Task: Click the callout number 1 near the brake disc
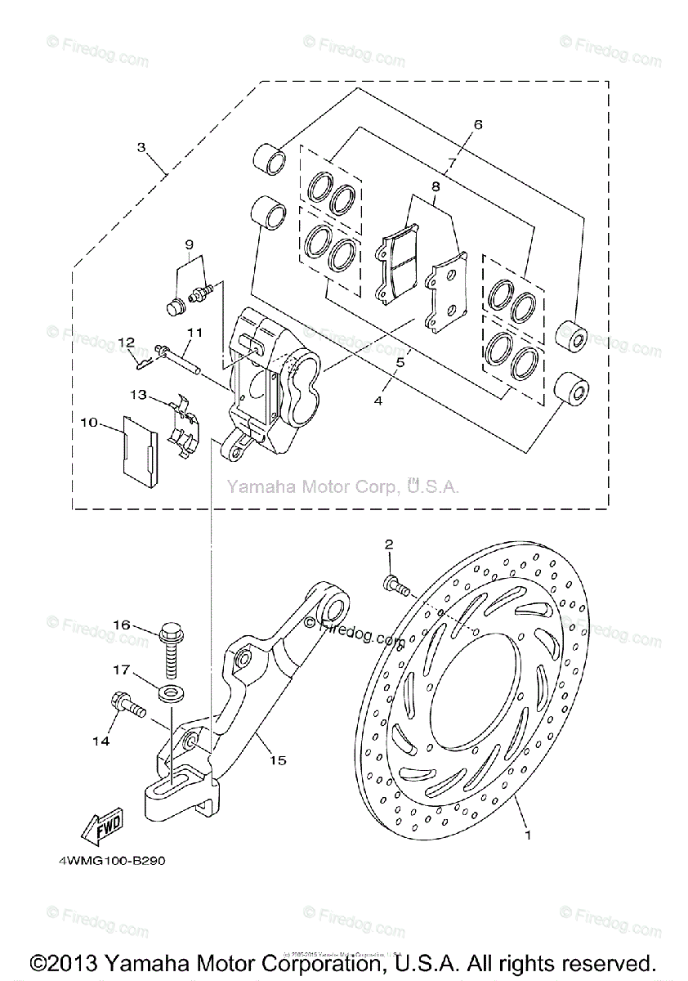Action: pyautogui.click(x=528, y=835)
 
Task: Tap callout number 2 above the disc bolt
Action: pyautogui.click(x=389, y=544)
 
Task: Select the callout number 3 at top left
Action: pyautogui.click(x=141, y=148)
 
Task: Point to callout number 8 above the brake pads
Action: pyautogui.click(x=436, y=186)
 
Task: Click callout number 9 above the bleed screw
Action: pyautogui.click(x=188, y=244)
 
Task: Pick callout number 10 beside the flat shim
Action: pyautogui.click(x=88, y=422)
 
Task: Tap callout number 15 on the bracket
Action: pyautogui.click(x=278, y=760)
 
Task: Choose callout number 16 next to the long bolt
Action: pyautogui.click(x=121, y=625)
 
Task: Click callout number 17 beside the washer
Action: pyautogui.click(x=121, y=670)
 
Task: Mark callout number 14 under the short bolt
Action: pyautogui.click(x=100, y=741)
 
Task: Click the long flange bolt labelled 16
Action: pyautogui.click(x=171, y=650)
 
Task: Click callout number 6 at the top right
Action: pyautogui.click(x=478, y=125)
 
